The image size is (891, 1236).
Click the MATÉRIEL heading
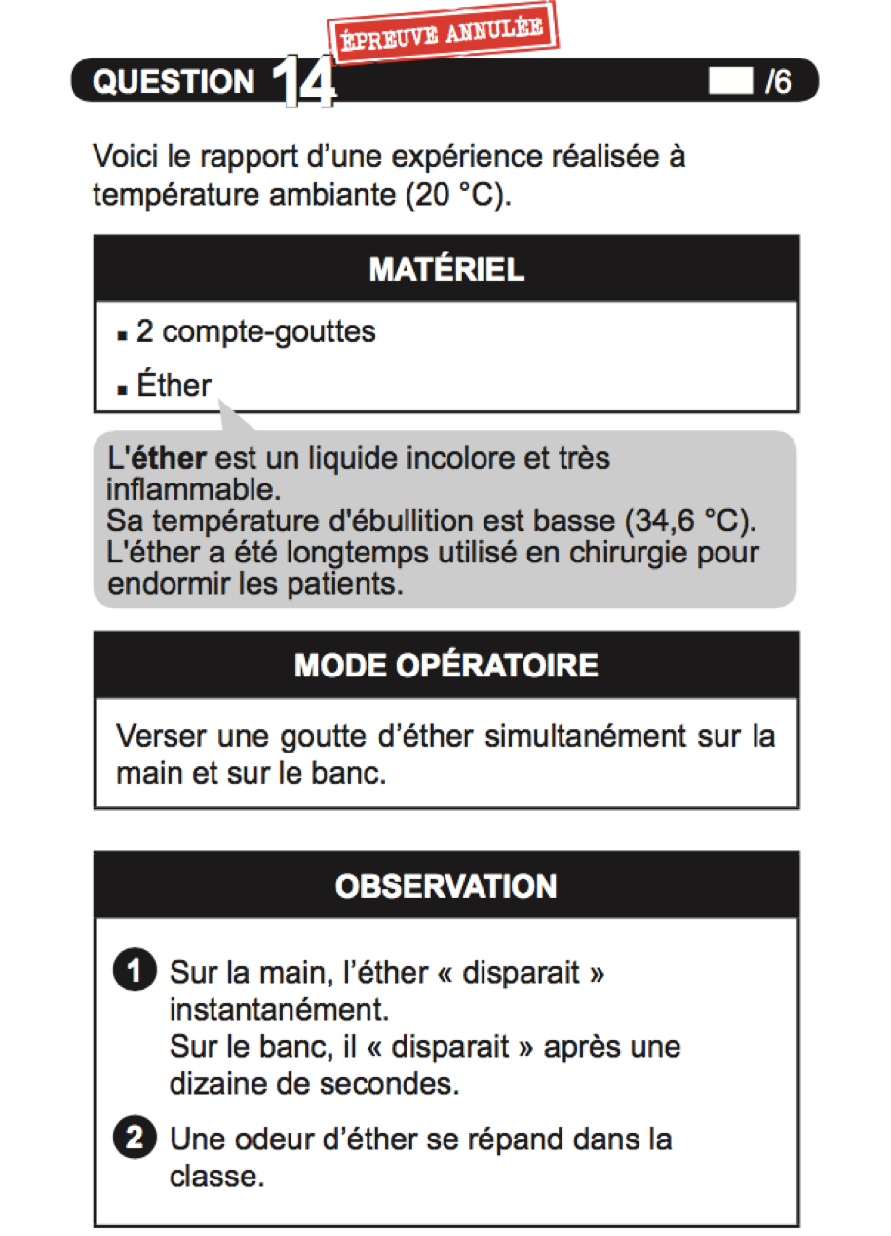point(446,269)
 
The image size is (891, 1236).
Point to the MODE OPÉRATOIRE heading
point(446,665)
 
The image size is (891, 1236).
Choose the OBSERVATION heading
point(446,886)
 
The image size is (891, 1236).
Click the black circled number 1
point(134,973)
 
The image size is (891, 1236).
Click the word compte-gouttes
point(268,332)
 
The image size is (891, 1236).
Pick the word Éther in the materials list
point(174,386)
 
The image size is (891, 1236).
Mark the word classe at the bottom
point(216,1176)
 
